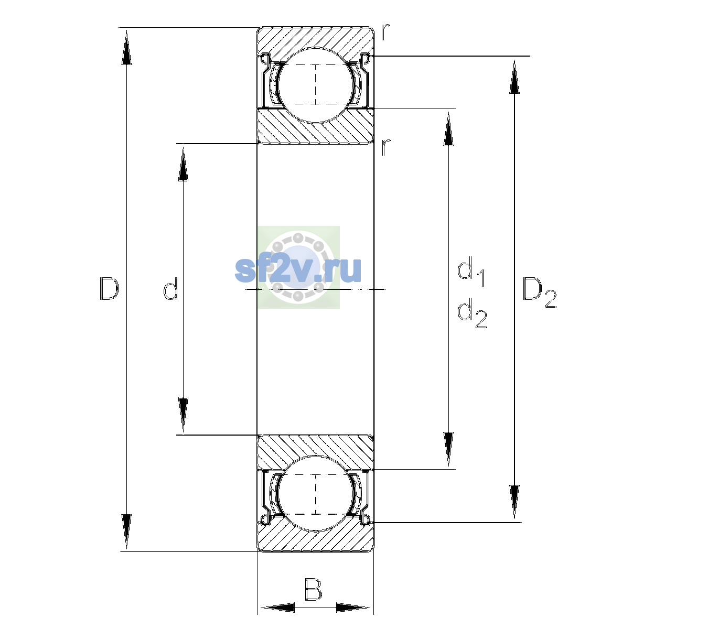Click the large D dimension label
pyautogui.click(x=109, y=289)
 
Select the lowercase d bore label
pyautogui.click(x=170, y=289)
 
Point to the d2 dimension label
pyautogui.click(x=472, y=313)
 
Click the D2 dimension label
pyautogui.click(x=539, y=292)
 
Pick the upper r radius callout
pyautogui.click(x=385, y=32)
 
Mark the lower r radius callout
pyautogui.click(x=385, y=147)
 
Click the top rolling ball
pyautogui.click(x=316, y=85)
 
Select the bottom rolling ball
pyautogui.click(x=316, y=493)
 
